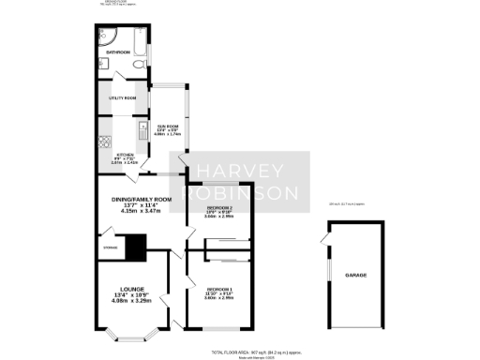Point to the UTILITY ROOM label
coord(124,98)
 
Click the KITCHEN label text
coord(124,155)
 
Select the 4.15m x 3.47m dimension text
coord(136,213)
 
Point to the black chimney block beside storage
coord(138,247)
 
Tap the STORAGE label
coord(109,248)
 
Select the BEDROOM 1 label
coord(219,289)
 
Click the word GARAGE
coord(355,276)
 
